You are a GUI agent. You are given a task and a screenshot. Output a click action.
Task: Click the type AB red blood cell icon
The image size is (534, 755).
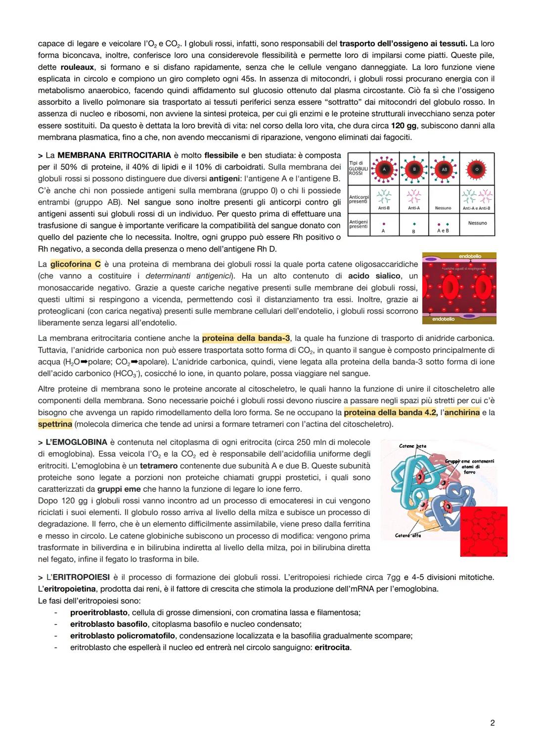[x=444, y=169]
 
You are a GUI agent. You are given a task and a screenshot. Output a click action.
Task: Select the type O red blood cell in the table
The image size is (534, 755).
[x=477, y=169]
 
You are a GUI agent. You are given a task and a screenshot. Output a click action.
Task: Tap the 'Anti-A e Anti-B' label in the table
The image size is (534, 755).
[x=477, y=208]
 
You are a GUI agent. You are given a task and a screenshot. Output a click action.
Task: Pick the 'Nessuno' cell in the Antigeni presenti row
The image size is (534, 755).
[x=477, y=223]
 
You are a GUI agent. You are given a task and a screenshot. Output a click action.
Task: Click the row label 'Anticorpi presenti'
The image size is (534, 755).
[x=358, y=199]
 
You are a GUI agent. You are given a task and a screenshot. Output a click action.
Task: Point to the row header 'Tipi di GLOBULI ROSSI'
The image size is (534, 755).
[x=358, y=168]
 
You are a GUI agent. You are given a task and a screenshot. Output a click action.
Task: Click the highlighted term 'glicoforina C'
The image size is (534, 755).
[x=76, y=264]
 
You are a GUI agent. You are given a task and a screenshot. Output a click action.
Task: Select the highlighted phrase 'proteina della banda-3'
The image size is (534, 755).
[x=246, y=338]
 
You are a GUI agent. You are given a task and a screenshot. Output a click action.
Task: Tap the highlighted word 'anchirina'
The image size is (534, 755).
[x=462, y=412]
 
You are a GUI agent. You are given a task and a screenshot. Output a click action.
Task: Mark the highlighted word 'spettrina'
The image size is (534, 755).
[x=55, y=424]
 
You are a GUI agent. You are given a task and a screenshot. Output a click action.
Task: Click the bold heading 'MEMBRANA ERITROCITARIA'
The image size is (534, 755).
[x=114, y=155]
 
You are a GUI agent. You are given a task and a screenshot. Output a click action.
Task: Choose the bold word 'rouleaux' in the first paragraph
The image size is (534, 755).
[x=77, y=67]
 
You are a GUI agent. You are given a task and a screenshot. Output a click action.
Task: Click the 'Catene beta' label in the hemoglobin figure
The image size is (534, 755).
[x=412, y=446]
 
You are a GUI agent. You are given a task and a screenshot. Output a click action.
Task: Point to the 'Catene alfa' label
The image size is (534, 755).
[x=408, y=535]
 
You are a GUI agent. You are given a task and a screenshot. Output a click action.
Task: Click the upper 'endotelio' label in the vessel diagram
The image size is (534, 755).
[x=469, y=256]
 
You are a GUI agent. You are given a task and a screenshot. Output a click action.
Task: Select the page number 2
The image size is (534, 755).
[x=492, y=723]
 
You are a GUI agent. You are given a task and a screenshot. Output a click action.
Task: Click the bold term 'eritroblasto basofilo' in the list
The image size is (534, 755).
[x=109, y=624]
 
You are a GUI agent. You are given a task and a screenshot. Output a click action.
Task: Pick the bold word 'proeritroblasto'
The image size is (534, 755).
[x=99, y=613]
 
